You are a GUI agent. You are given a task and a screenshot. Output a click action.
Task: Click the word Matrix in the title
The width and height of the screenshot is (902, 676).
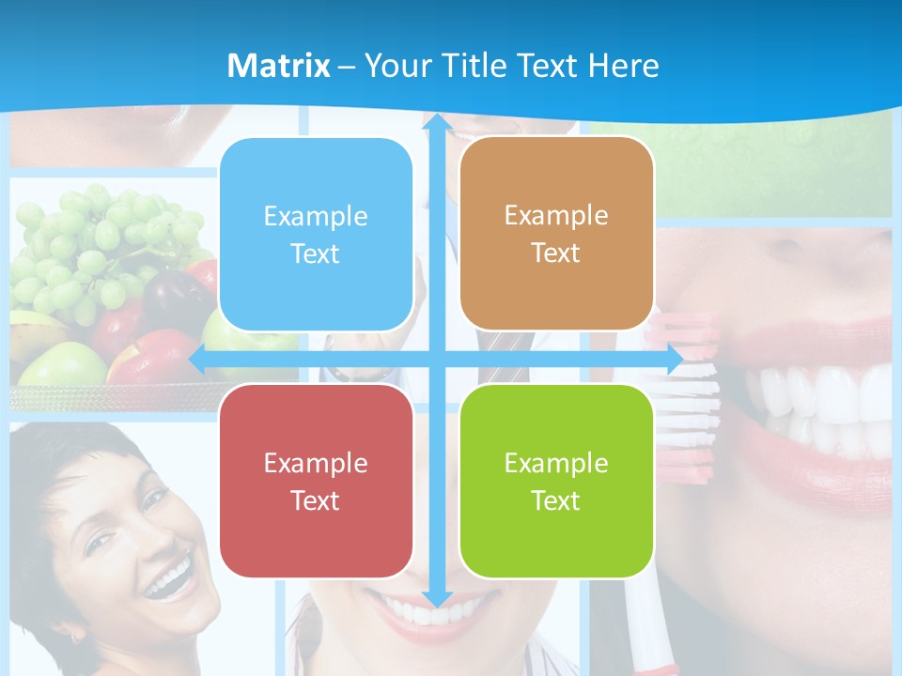pyautogui.click(x=279, y=66)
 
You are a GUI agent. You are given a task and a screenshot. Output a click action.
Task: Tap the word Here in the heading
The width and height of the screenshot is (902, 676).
pyautogui.click(x=623, y=66)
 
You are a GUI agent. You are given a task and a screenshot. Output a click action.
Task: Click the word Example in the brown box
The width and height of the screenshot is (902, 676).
pyautogui.click(x=556, y=216)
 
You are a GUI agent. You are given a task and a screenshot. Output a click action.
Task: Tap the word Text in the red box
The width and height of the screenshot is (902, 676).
pyautogui.click(x=316, y=500)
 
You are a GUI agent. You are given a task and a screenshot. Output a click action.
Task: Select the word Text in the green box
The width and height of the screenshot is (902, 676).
pyautogui.click(x=556, y=500)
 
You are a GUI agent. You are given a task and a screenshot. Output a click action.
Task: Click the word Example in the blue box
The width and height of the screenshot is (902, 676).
pyautogui.click(x=316, y=216)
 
